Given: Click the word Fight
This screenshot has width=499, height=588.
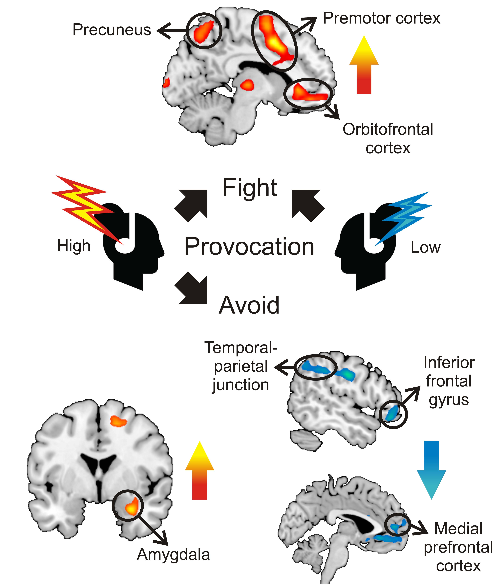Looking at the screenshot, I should (250, 188).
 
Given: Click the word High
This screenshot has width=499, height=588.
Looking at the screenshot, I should (74, 246).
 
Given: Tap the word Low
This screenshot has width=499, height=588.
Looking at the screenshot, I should (425, 248).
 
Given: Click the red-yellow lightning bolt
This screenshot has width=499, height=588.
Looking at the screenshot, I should (85, 207).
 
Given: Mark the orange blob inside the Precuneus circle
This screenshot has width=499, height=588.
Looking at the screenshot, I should (203, 31).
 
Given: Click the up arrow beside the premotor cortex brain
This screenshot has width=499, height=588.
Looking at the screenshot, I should (364, 65).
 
